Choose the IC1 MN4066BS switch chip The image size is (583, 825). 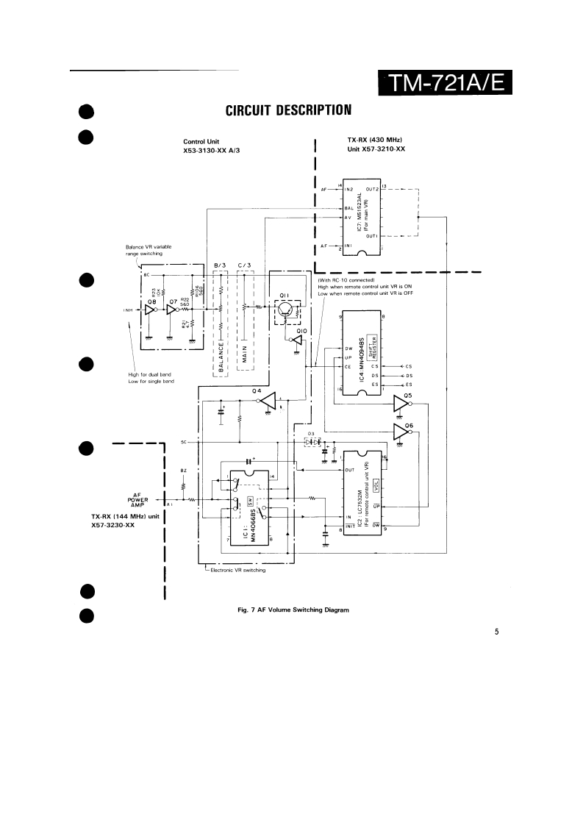(x=250, y=507)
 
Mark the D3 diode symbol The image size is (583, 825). (x=312, y=443)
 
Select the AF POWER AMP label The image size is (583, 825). (x=139, y=499)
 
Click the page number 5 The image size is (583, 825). (x=497, y=630)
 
